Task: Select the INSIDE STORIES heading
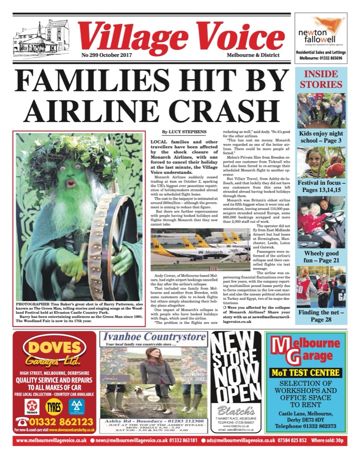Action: [321, 79]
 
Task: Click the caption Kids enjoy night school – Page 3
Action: [321, 137]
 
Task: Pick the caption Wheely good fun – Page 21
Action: [321, 257]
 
